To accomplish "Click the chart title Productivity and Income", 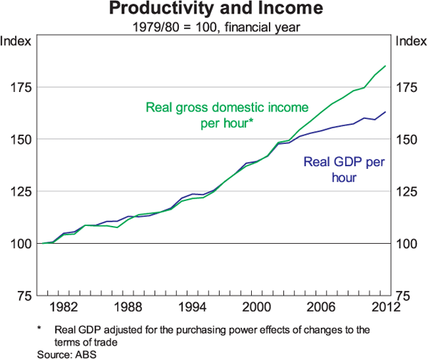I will tap(214, 9).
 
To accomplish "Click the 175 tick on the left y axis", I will tap(19, 87).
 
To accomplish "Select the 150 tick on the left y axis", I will tap(19, 139).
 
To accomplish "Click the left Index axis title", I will tap(16, 41).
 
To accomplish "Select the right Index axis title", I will tap(411, 41).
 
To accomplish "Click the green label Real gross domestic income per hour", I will tap(227, 115).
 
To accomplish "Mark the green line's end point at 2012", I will tap(386, 66).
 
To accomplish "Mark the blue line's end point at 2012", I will tap(386, 112).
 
